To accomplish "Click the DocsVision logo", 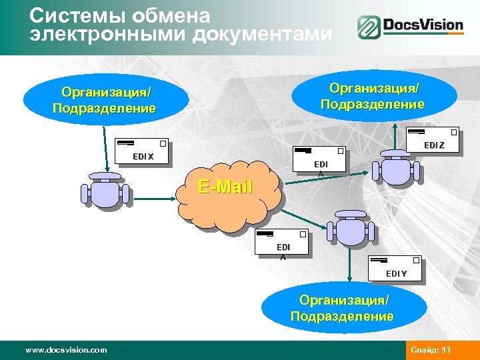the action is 410,27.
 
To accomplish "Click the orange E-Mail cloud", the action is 227,193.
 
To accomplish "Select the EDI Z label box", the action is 434,139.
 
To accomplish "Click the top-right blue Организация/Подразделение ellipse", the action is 372,96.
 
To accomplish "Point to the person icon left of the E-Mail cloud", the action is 105,190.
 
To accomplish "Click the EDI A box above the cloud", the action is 319,161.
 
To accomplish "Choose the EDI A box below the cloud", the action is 283,243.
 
